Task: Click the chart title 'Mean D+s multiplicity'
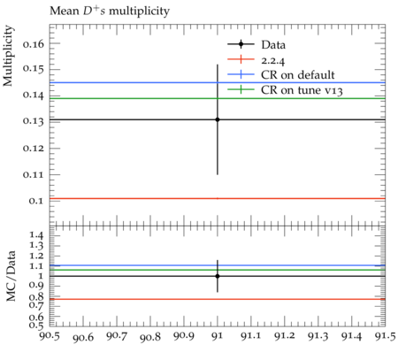[110, 11]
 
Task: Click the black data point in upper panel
[218, 119]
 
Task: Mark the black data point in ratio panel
[218, 276]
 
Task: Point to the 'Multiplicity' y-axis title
[8, 56]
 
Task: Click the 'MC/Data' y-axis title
[11, 276]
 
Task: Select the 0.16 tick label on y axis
[34, 44]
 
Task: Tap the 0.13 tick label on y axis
[34, 121]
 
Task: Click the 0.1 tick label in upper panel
[36, 201]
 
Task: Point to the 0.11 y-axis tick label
[34, 174]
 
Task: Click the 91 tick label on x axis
[218, 336]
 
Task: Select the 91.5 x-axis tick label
[385, 336]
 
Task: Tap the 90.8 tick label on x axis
[150, 336]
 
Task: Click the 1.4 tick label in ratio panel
[36, 235]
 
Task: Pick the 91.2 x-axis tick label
[285, 336]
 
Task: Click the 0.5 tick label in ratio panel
[36, 325]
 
